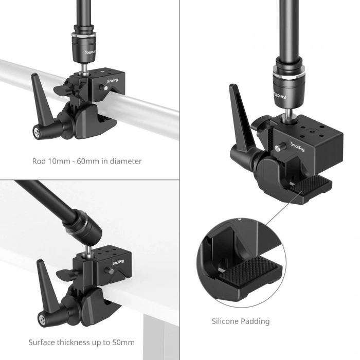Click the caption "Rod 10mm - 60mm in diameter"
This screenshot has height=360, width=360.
(86, 161)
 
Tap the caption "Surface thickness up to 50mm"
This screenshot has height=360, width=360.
(81, 342)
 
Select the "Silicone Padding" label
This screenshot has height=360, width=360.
(240, 321)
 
